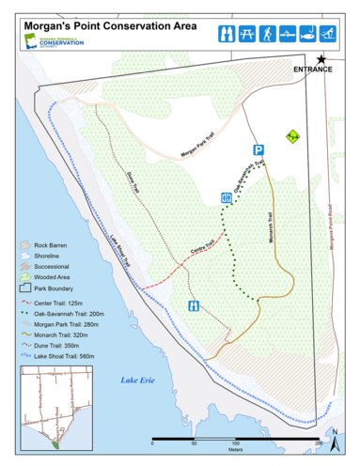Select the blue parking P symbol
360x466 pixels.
coord(257,150)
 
